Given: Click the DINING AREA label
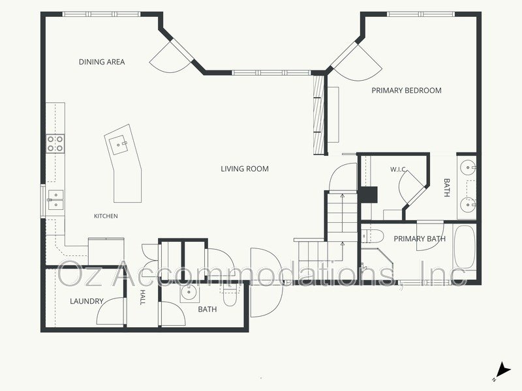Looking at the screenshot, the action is click(x=102, y=62).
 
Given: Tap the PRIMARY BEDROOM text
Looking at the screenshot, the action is click(x=407, y=91).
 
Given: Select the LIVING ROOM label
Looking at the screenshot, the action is click(x=245, y=169).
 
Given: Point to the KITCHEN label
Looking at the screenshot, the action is click(x=106, y=216).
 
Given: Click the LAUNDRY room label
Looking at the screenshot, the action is click(x=87, y=301).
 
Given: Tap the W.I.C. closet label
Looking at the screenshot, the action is click(x=398, y=169).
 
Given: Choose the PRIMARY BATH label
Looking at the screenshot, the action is click(x=420, y=239).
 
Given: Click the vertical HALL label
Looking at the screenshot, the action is click(x=142, y=297).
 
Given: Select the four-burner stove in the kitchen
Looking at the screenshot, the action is click(x=55, y=143).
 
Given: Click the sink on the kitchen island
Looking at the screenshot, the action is click(x=119, y=145).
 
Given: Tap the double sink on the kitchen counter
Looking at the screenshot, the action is click(x=55, y=200).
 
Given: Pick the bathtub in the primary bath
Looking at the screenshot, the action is click(x=465, y=247).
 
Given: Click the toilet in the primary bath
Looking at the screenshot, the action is click(x=373, y=237).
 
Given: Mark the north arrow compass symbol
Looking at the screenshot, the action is click(x=502, y=371).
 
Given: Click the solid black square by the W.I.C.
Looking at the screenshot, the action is click(x=368, y=195).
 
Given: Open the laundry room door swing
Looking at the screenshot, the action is click(x=112, y=311).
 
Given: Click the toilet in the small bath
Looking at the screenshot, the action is click(x=230, y=296).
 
